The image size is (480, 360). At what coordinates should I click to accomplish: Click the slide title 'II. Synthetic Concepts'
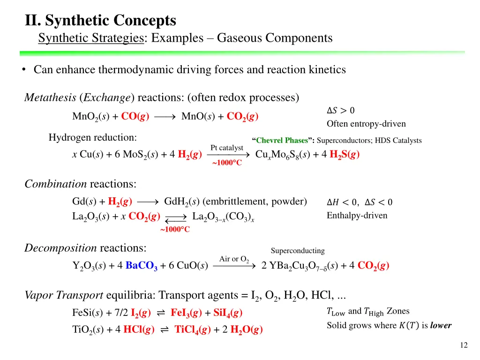101,21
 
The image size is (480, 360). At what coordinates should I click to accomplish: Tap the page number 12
464,345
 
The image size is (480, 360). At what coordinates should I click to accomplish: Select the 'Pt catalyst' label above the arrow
227,148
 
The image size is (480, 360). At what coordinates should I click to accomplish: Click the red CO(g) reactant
135,116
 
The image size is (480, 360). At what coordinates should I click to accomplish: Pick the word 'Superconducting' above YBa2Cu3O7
298,251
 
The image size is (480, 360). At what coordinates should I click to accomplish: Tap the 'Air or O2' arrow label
234,259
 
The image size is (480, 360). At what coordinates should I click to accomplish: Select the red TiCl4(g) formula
192,330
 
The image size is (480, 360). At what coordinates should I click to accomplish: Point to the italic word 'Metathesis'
51,97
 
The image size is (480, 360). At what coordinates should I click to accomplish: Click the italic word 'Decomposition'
60,247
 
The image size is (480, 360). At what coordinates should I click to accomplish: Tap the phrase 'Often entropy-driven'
366,124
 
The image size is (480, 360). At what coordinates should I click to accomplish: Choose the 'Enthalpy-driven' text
357,216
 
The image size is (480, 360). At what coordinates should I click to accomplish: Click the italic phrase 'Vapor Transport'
64,295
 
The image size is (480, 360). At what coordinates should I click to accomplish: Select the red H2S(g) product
344,155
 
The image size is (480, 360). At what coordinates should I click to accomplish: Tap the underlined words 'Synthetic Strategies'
91,38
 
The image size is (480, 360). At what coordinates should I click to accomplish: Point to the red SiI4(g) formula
228,312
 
